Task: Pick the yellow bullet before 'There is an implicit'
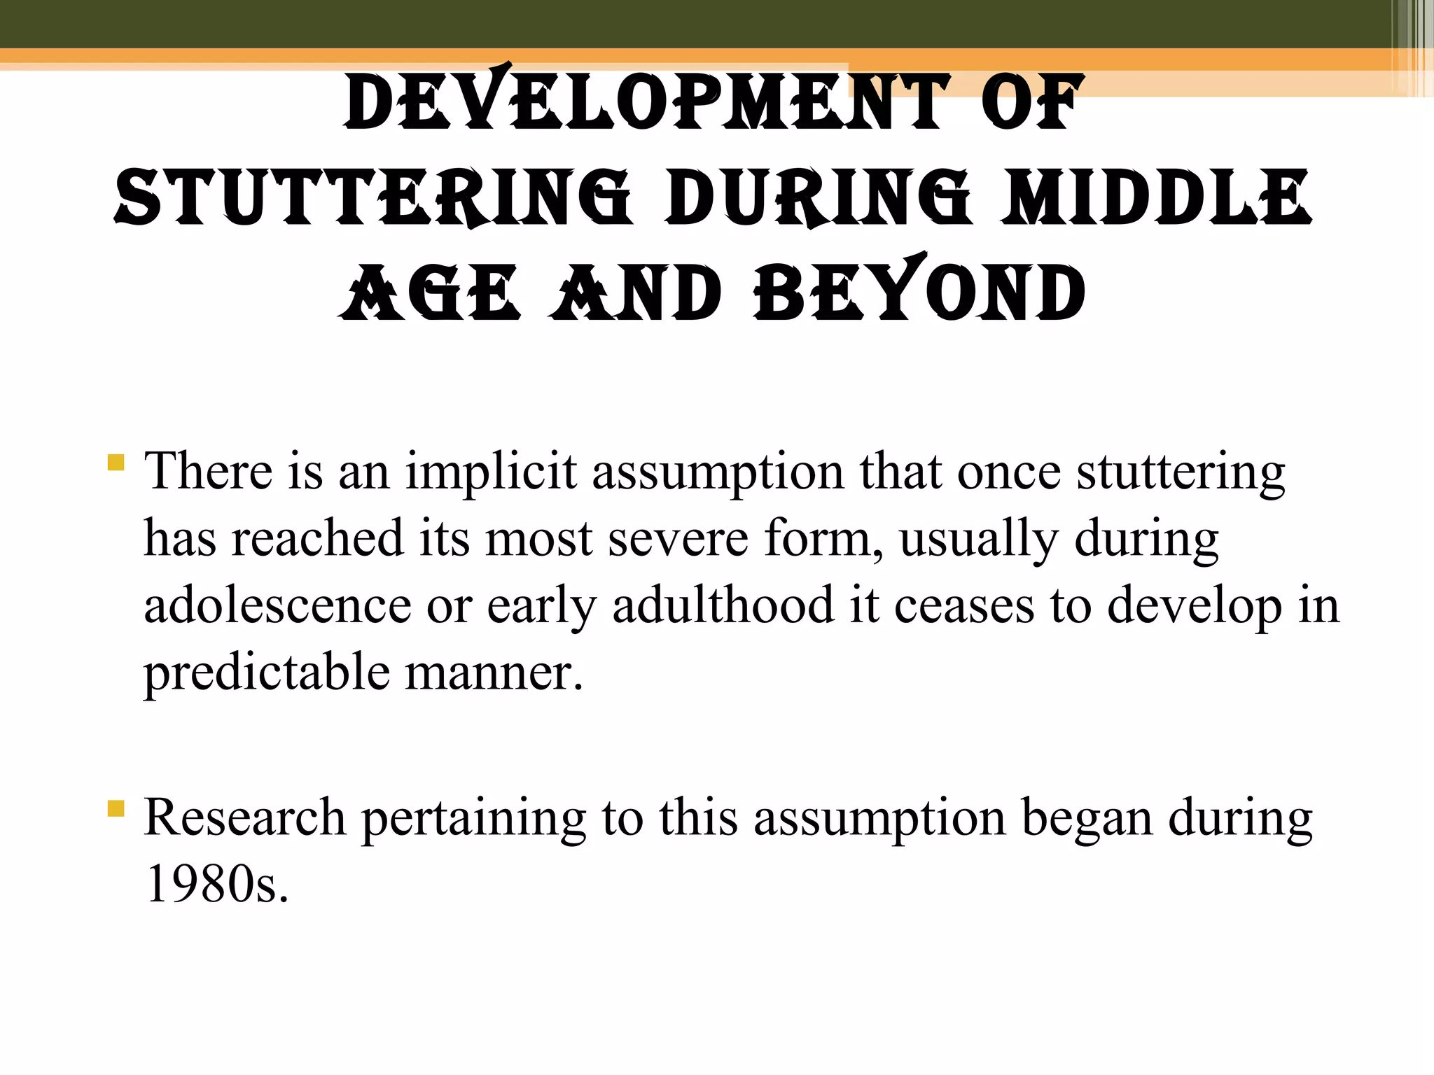click(x=116, y=463)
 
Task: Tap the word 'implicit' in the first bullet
click(x=491, y=471)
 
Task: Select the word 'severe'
click(x=678, y=538)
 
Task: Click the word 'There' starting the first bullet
click(x=208, y=471)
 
